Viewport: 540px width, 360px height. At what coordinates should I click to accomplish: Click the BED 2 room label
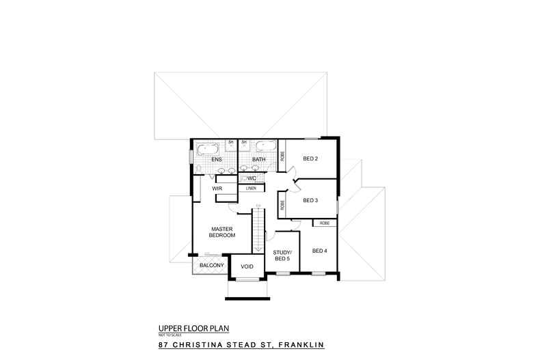(x=310, y=158)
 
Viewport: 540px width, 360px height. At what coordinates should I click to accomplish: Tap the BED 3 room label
(x=310, y=200)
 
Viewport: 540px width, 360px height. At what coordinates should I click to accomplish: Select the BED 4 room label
(x=319, y=251)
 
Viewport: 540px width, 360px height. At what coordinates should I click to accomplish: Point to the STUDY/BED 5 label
(x=282, y=255)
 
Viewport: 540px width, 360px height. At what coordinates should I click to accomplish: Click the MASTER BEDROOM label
(x=223, y=232)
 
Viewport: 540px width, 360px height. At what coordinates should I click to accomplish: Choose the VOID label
(x=247, y=266)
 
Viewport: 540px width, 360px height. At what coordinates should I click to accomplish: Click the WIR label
(x=216, y=188)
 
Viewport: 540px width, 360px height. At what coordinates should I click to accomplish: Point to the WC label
(x=252, y=178)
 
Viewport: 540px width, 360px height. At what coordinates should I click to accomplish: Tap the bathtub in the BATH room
(x=265, y=148)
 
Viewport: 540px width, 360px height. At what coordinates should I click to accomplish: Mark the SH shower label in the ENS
(x=231, y=142)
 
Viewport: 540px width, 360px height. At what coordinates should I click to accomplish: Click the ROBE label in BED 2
(x=282, y=155)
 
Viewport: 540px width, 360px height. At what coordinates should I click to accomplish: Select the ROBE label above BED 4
(x=324, y=223)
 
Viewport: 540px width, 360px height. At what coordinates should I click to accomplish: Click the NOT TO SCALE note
(x=167, y=335)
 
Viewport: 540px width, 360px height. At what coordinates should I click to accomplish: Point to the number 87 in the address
(x=164, y=345)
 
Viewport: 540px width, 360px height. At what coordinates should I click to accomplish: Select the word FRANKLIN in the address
(x=299, y=345)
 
